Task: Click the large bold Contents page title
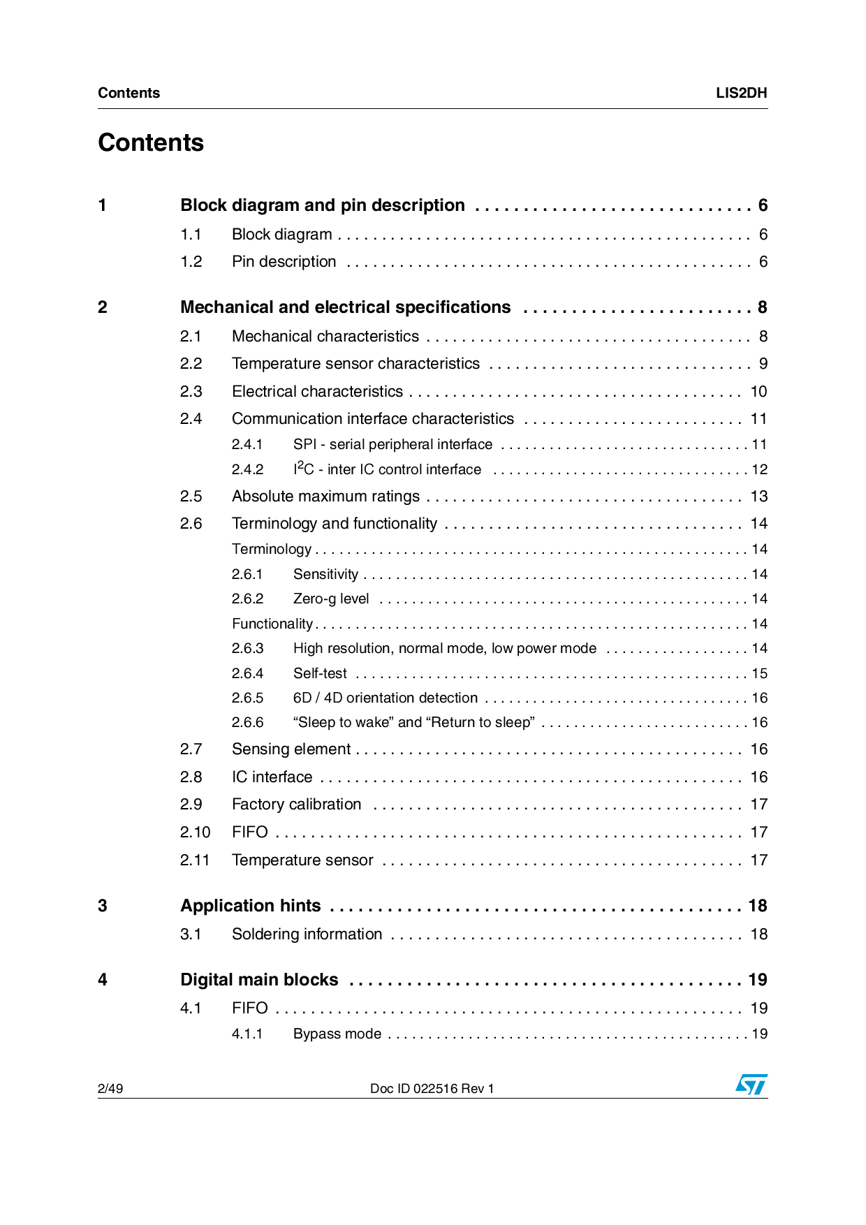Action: (x=151, y=142)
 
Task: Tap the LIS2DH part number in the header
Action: (x=741, y=93)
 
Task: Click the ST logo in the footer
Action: (x=751, y=1085)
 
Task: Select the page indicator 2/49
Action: (x=110, y=1088)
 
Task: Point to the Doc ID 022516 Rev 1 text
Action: (x=432, y=1088)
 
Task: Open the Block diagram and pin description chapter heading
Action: (x=322, y=205)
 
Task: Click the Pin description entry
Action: (x=284, y=262)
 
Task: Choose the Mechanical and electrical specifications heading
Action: (x=345, y=307)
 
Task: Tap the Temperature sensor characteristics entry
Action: (x=355, y=364)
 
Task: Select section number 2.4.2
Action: (x=247, y=470)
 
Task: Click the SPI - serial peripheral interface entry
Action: (x=392, y=445)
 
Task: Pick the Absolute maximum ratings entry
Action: (x=325, y=497)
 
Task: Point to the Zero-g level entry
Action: (x=331, y=599)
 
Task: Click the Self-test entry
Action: (x=320, y=674)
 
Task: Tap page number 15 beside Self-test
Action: (x=759, y=674)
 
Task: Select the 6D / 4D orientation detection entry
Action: (x=385, y=698)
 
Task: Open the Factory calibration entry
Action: (x=296, y=805)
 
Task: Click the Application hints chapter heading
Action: (x=250, y=906)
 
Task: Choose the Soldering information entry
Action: (x=307, y=934)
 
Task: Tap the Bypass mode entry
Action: (x=337, y=1034)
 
